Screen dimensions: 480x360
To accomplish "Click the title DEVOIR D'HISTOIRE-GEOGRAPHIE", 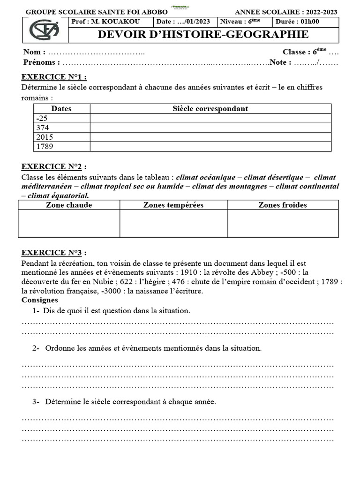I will point(203,35).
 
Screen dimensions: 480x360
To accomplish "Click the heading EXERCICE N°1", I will point(54,77).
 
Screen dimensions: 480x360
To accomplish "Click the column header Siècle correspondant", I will point(210,109).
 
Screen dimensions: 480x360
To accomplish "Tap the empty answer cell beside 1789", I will point(210,147).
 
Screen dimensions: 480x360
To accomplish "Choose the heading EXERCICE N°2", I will point(54,167).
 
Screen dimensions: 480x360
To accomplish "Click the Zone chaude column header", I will point(69,205).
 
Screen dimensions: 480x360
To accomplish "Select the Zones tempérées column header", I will point(173,205).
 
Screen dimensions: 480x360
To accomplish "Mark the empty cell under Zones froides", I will point(283,223).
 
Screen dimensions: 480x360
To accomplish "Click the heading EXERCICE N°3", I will point(54,253).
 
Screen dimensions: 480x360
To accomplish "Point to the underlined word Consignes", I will point(40,300).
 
